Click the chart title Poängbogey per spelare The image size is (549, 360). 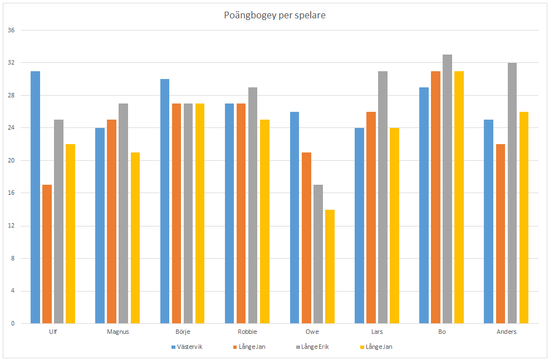click(x=274, y=15)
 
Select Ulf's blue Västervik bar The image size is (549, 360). click(x=35, y=198)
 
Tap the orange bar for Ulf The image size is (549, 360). click(x=47, y=254)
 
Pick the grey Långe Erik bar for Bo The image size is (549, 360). click(x=447, y=189)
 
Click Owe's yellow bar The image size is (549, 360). click(x=330, y=267)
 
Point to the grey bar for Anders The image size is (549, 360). click(x=512, y=193)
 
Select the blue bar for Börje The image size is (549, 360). click(x=165, y=201)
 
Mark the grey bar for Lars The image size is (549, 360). click(x=383, y=198)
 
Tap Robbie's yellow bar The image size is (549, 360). click(x=264, y=221)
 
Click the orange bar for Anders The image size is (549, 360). click(x=501, y=234)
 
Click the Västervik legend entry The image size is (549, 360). click(x=187, y=347)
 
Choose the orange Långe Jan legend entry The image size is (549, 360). click(x=249, y=347)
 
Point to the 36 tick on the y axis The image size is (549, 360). click(x=11, y=30)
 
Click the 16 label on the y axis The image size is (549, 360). click(x=11, y=193)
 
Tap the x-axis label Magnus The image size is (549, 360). click(x=117, y=332)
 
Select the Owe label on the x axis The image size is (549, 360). click(x=312, y=332)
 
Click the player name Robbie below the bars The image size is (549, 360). click(x=247, y=332)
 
